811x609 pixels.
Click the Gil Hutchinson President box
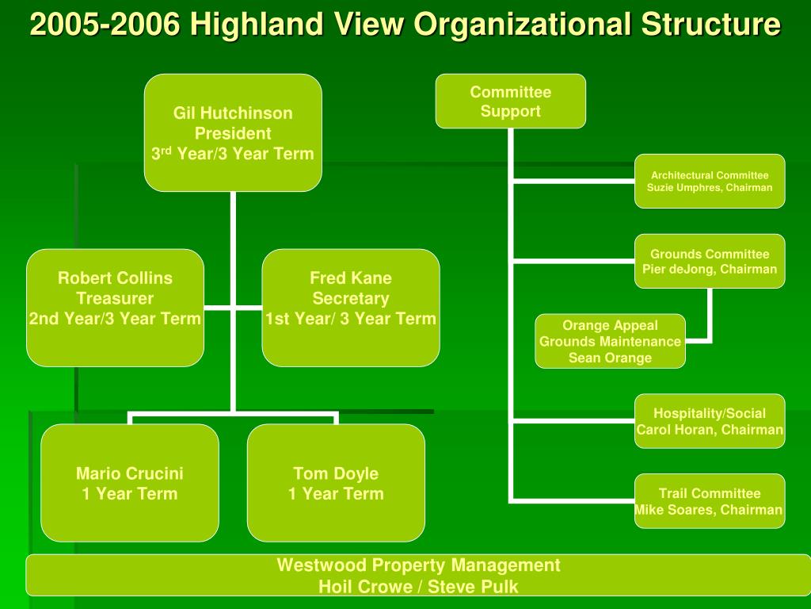click(233, 132)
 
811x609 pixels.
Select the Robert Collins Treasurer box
click(115, 308)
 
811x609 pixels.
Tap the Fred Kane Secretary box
click(350, 308)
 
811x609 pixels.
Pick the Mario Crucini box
click(130, 483)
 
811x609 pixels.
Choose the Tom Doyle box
click(336, 483)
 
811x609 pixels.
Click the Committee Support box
click(511, 101)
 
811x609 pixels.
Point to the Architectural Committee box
click(710, 181)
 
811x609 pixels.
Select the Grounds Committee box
click(710, 261)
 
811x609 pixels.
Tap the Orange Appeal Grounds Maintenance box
click(610, 342)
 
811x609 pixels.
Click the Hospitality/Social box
click(710, 421)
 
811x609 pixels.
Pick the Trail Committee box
click(710, 501)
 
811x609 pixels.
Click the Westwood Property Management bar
click(418, 576)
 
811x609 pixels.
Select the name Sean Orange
click(610, 358)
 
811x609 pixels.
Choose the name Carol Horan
click(677, 430)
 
